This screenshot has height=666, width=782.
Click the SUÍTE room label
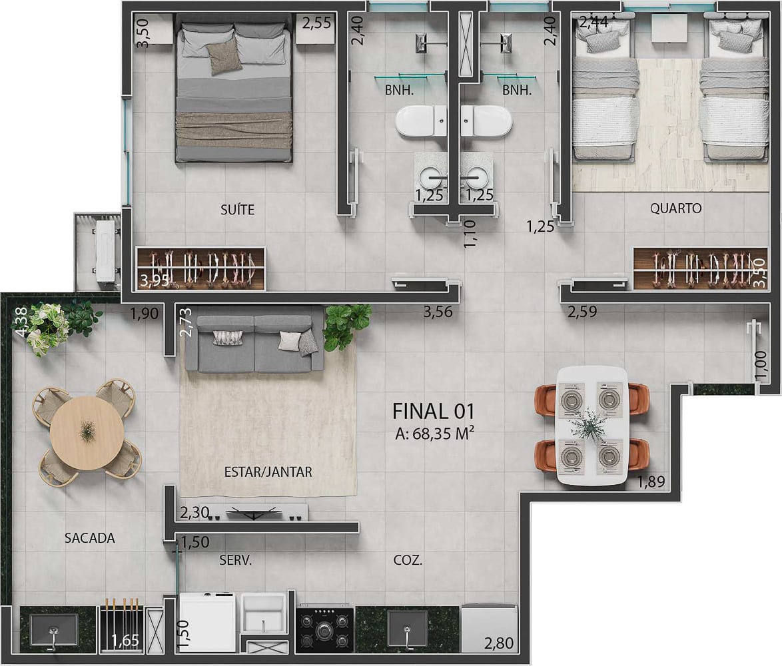click(x=237, y=210)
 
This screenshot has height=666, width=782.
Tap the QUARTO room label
click(x=675, y=208)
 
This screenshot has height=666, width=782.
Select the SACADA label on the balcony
click(x=89, y=538)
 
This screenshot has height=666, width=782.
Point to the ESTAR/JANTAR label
click(x=268, y=472)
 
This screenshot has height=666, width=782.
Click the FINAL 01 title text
click(x=434, y=410)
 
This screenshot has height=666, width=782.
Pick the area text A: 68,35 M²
click(x=434, y=434)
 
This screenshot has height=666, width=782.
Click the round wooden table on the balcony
click(x=87, y=432)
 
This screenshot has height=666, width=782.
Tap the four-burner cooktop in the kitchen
click(x=324, y=628)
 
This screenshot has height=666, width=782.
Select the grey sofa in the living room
click(x=254, y=344)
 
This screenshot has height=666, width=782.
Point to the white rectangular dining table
click(x=591, y=424)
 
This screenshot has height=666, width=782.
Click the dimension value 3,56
click(x=438, y=310)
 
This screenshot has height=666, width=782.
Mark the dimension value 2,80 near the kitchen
click(x=498, y=644)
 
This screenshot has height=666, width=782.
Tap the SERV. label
click(x=236, y=561)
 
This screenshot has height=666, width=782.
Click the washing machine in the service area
click(x=207, y=623)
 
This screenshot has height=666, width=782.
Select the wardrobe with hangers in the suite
click(x=201, y=269)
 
